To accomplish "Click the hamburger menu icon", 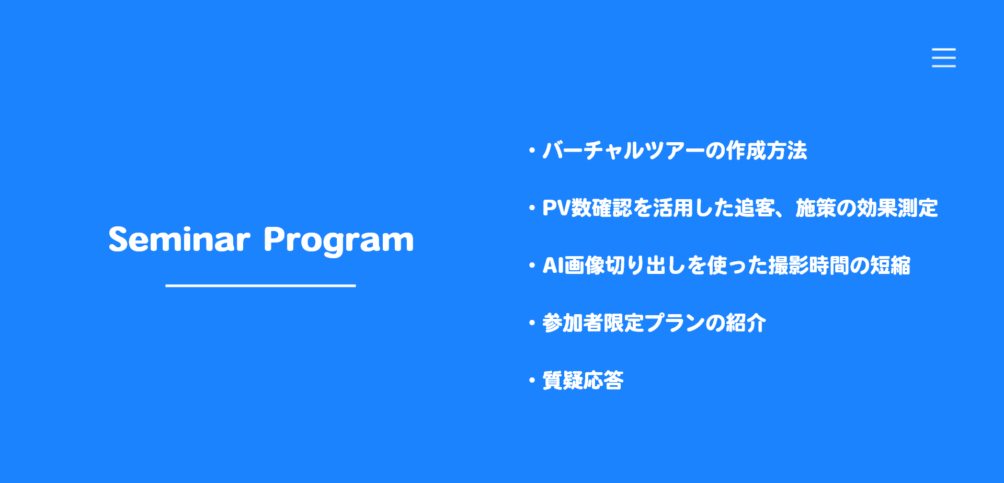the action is coord(943,57).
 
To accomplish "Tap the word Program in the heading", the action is coord(338,241).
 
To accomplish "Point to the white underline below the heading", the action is coord(260,286).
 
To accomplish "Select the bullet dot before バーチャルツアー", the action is coord(532,151).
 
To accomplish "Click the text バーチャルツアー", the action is coord(623,151).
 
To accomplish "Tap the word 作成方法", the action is coord(766,151).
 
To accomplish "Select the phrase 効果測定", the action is coord(897,208).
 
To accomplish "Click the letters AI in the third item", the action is coord(553,266).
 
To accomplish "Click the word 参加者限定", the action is coord(593,323).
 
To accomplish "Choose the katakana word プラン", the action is coord(675,323).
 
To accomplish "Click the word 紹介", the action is coord(746,323).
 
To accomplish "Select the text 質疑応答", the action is coord(583,381).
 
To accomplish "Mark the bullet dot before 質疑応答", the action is coord(532,381).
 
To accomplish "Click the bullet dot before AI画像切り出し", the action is coord(532,266).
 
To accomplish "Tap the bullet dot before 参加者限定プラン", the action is coord(532,323).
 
